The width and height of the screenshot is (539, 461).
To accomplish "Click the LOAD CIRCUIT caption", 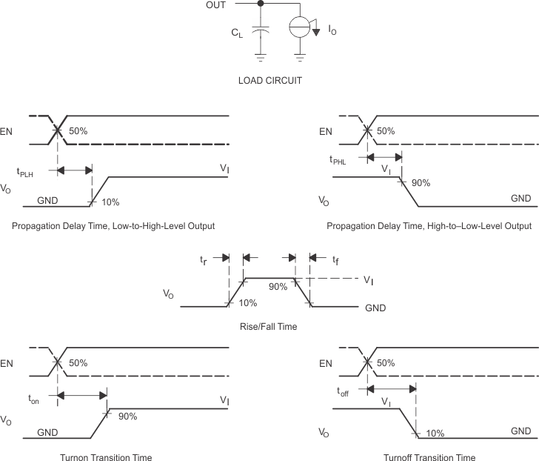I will point(269,81).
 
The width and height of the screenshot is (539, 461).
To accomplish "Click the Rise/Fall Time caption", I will point(269,326).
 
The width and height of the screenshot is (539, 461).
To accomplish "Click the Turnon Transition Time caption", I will point(106,457).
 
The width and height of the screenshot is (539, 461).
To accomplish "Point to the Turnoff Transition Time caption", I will point(429,457).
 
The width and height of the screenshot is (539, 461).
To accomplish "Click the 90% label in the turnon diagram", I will point(127,416).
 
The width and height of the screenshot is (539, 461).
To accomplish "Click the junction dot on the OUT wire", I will point(260,4).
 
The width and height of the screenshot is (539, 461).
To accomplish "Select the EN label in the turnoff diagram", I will point(325,363).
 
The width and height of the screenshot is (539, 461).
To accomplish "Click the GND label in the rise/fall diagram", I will point(374,307).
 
